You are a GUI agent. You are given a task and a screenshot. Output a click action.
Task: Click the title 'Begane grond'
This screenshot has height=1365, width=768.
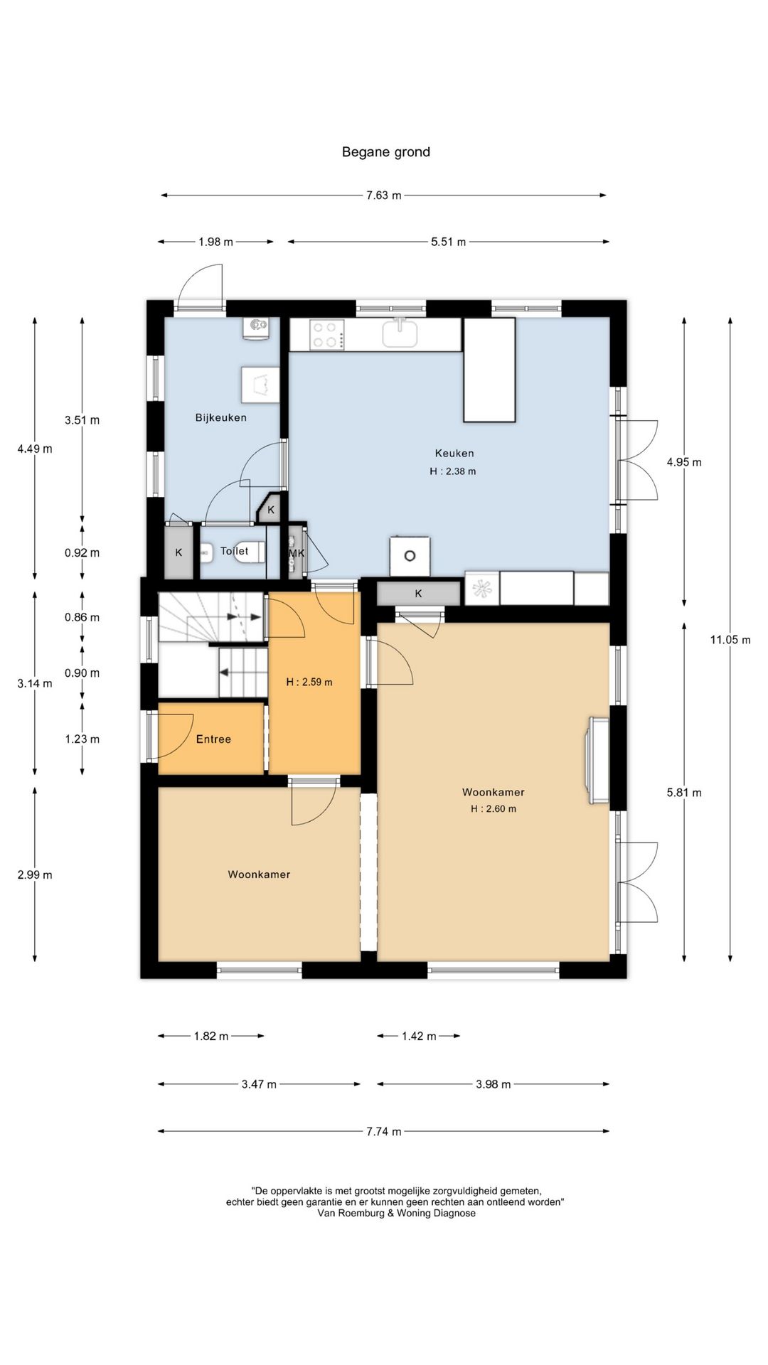pyautogui.click(x=386, y=152)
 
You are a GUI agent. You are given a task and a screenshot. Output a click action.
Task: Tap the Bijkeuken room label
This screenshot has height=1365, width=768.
pyautogui.click(x=221, y=417)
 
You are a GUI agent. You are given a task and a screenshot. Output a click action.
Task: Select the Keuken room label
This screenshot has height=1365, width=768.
pyautogui.click(x=454, y=453)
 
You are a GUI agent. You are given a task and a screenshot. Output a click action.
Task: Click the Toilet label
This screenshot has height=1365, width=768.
pyautogui.click(x=235, y=551)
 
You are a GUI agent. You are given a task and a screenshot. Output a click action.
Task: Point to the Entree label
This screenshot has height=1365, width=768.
pyautogui.click(x=213, y=739)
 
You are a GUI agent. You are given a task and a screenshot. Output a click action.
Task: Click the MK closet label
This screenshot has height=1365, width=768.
pyautogui.click(x=297, y=552)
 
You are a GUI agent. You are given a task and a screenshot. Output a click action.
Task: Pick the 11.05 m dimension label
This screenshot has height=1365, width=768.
pyautogui.click(x=730, y=640)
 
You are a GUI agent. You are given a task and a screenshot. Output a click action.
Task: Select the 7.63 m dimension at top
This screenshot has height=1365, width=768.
pyautogui.click(x=384, y=196)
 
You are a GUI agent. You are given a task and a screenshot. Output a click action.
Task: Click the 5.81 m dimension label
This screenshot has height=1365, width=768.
pyautogui.click(x=684, y=793)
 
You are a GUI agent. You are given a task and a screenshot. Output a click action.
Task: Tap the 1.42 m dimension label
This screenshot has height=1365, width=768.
pyautogui.click(x=419, y=1037)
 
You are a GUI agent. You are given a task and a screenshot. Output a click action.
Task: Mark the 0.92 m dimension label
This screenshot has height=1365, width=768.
pyautogui.click(x=82, y=553)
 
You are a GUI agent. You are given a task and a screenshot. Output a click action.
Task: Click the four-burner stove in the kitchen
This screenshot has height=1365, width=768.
pyautogui.click(x=327, y=335)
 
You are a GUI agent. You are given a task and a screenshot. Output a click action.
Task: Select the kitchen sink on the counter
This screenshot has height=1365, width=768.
pyautogui.click(x=400, y=333)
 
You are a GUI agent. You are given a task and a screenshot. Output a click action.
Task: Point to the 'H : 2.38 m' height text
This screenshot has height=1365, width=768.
pyautogui.click(x=453, y=471)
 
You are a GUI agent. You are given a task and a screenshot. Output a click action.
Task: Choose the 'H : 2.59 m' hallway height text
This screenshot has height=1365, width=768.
pyautogui.click(x=309, y=682)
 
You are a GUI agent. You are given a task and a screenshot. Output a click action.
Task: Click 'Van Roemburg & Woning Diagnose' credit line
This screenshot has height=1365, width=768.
pyautogui.click(x=397, y=1213)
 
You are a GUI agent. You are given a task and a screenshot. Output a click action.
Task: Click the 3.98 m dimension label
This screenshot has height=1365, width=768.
pyautogui.click(x=494, y=1084)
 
